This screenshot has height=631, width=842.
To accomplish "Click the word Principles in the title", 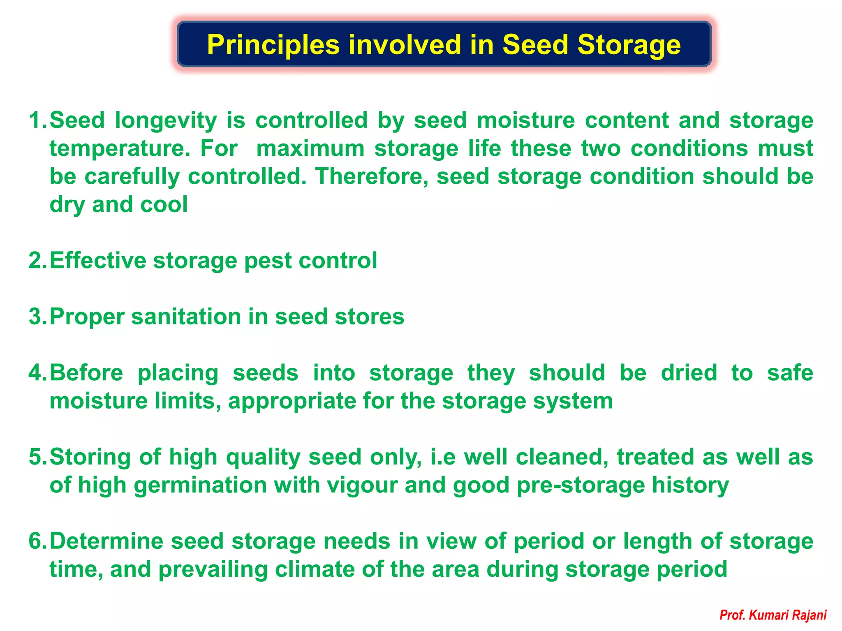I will [x=273, y=45].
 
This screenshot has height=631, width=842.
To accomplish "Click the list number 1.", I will [x=36, y=120].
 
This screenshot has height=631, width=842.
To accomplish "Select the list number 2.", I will [x=36, y=261].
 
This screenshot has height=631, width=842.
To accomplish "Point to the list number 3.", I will [x=36, y=317].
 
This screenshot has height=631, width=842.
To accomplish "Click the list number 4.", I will [x=36, y=373].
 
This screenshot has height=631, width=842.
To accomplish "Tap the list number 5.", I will [x=36, y=457].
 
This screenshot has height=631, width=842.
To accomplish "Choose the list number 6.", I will [x=36, y=541].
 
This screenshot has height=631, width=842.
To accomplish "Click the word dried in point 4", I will [x=689, y=373].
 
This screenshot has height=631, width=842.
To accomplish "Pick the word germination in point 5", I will [x=200, y=485].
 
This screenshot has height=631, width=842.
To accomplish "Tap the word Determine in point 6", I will [x=106, y=541].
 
